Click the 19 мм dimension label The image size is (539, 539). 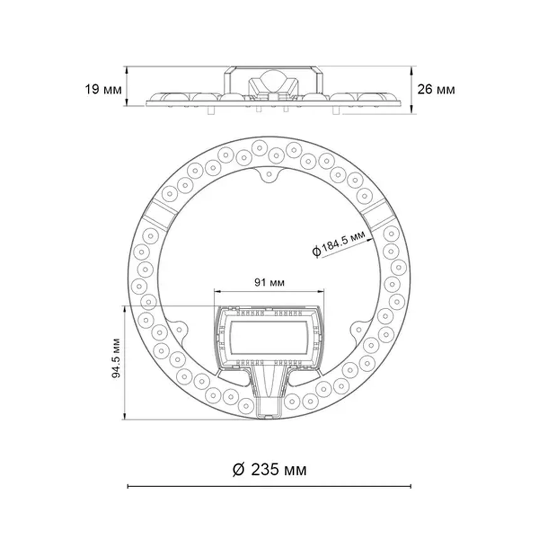click(103, 90)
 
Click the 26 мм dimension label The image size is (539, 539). click(436, 90)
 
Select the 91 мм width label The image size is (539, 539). click(269, 283)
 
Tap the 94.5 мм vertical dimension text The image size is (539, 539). click(116, 358)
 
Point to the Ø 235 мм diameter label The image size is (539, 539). click(269, 470)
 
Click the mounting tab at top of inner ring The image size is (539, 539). click(269, 174)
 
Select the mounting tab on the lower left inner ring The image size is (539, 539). click(179, 330)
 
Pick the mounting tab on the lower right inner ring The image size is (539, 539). click(359, 330)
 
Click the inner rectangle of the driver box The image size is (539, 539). click(269, 337)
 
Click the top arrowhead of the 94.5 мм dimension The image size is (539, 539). click(125, 309)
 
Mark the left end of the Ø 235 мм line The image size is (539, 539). click(128, 495)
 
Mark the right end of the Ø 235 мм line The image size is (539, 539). click(411, 495)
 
